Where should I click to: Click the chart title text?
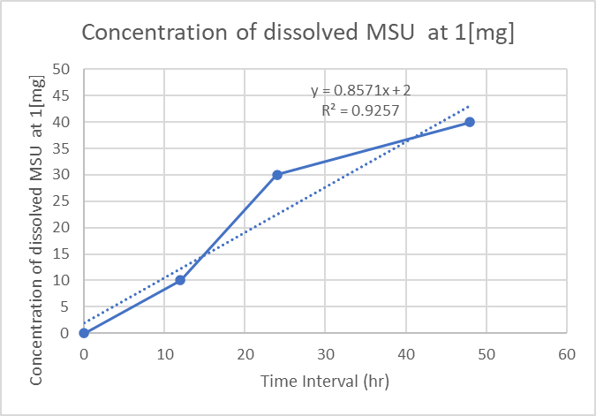tap(298, 33)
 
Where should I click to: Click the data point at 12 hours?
tap(180, 280)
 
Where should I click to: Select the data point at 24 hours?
tap(277, 175)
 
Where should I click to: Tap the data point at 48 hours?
tap(470, 122)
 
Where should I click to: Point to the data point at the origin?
tap(84, 333)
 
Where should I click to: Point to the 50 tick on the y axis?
tap(62, 69)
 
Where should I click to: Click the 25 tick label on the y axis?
tap(62, 201)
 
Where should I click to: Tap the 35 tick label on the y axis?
tap(62, 148)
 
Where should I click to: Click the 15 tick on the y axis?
tap(62, 254)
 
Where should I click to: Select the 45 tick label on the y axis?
tap(62, 95)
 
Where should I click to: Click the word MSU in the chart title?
tap(385, 33)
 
